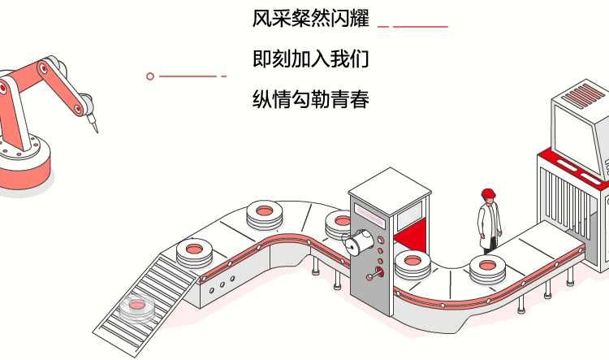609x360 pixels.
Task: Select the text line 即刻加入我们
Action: coord(311,60)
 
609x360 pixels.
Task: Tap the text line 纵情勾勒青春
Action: coord(311,101)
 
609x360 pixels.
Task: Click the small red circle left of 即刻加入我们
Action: coord(150,76)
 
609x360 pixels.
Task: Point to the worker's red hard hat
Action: coord(488,193)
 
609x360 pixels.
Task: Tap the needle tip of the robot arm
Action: coord(97,129)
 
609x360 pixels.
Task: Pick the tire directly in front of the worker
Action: coord(487,268)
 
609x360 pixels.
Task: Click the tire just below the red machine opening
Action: coord(413,264)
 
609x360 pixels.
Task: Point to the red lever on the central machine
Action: coord(374,274)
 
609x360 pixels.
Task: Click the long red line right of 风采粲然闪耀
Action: coord(421,26)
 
